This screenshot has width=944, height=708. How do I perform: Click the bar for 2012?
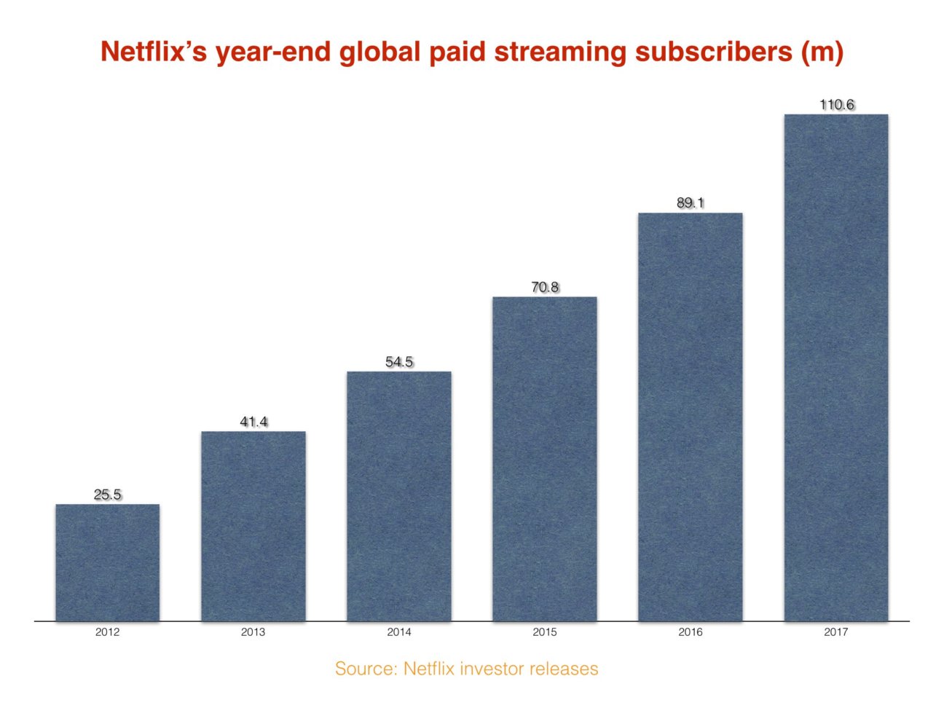(108, 562)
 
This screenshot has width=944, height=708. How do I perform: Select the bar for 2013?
(253, 526)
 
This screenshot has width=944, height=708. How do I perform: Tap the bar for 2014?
(399, 496)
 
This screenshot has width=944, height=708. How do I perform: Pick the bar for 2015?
(545, 459)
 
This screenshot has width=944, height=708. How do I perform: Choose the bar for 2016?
(691, 417)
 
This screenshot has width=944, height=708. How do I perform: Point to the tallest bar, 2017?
(836, 368)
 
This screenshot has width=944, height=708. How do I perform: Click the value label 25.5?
(108, 495)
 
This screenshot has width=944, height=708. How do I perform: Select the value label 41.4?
(253, 422)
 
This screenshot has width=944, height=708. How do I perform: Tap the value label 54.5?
(399, 362)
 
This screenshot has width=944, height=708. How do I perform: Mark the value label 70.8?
(545, 287)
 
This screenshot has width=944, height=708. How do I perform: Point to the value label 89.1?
(691, 203)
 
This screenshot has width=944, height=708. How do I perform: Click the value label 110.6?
(836, 105)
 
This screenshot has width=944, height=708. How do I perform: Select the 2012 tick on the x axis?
(108, 632)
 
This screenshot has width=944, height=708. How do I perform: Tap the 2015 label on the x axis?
(545, 632)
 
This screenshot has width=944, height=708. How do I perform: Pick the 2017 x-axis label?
(836, 632)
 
